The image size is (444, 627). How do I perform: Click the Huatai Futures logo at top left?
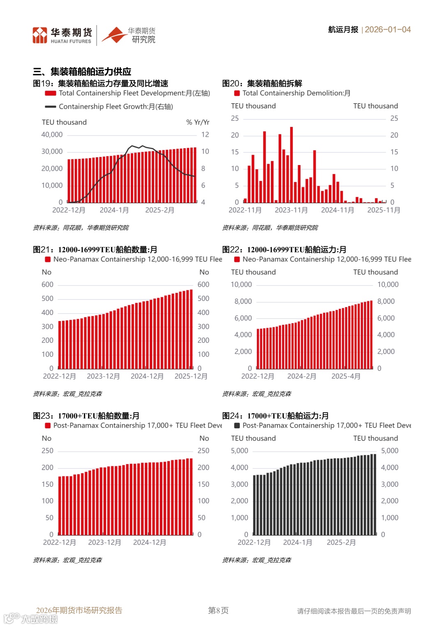click(62, 35)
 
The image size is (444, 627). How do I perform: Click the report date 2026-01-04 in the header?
click(387, 30)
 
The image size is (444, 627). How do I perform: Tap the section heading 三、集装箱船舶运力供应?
click(82, 72)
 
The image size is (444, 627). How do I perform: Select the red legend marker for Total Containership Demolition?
click(237, 93)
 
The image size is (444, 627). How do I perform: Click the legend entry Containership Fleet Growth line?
click(116, 107)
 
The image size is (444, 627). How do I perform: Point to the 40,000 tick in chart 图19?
click(52, 135)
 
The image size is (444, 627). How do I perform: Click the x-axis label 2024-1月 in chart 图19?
click(114, 210)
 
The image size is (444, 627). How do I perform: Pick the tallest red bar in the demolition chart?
click(291, 164)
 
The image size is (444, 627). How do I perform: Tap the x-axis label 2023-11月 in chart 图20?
click(291, 210)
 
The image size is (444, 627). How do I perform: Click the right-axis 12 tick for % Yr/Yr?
click(205, 135)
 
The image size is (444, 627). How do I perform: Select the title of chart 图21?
click(95, 250)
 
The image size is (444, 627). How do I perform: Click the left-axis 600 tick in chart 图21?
click(47, 285)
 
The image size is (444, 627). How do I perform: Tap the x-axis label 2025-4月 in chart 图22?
click(346, 377)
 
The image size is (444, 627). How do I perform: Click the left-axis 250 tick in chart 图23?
click(47, 451)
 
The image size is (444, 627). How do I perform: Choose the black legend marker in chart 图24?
click(237, 426)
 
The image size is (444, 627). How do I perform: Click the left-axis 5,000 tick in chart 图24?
click(239, 451)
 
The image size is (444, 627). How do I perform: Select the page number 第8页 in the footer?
click(218, 611)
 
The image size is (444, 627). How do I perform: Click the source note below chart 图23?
click(67, 560)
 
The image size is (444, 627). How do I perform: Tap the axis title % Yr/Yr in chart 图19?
click(198, 122)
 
